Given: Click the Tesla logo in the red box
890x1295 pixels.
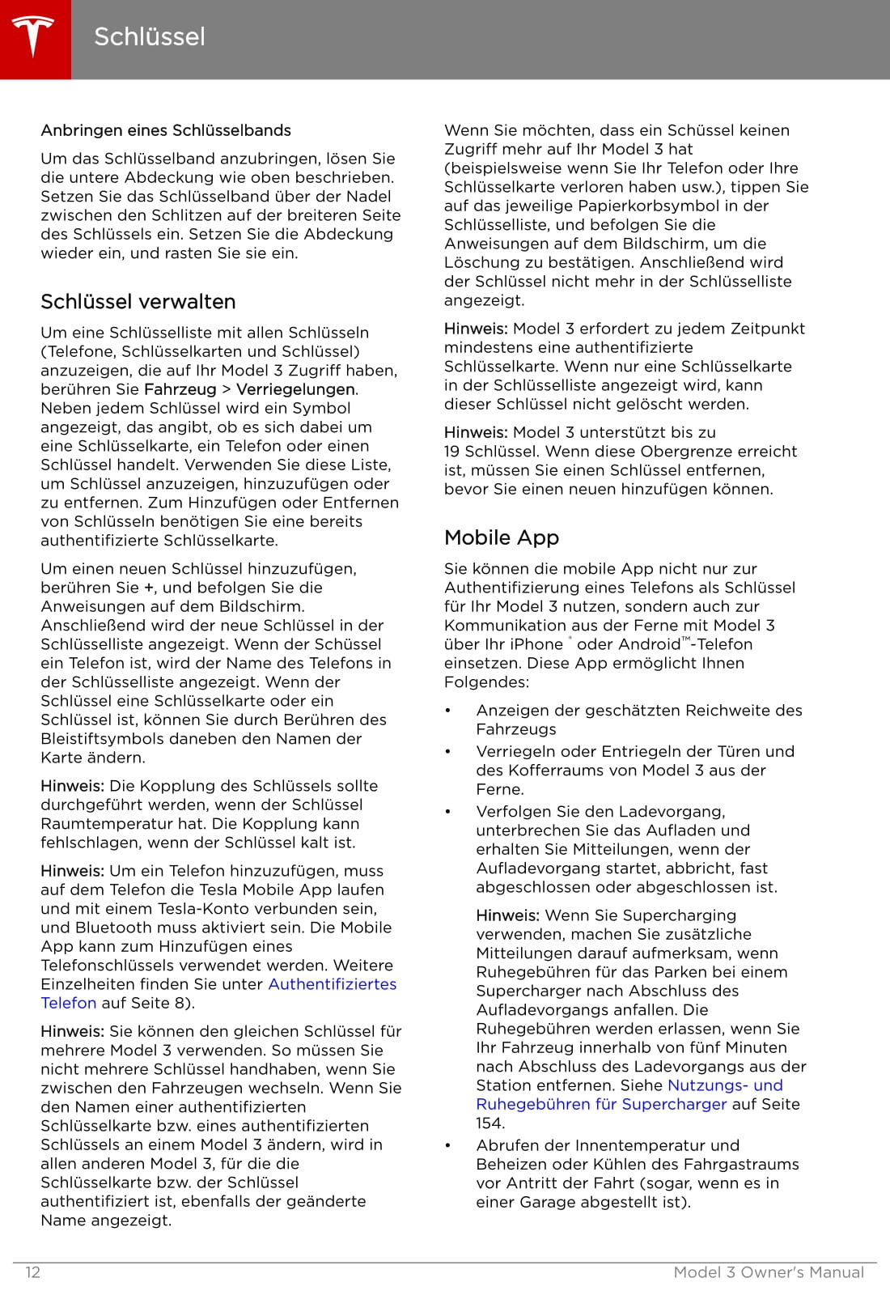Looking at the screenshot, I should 33,37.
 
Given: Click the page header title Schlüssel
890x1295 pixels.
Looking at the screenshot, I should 150,36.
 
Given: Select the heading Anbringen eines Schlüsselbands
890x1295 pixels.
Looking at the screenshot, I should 166,130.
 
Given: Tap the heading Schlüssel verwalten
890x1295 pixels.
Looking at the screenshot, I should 138,302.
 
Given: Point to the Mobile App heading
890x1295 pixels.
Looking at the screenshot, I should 502,537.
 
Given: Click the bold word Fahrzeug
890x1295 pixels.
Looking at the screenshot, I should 180,389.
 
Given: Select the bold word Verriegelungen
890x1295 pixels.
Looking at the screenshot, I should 295,389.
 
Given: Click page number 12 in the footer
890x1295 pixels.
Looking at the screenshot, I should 33,1272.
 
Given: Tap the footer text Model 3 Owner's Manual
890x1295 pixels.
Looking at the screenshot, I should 769,1272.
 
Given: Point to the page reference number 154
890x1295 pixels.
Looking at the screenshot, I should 489,1123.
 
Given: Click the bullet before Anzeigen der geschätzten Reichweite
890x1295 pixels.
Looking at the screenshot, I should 447,711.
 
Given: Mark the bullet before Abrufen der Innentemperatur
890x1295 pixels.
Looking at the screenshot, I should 447,1145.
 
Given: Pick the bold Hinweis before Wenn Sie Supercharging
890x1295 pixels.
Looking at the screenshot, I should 507,915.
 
